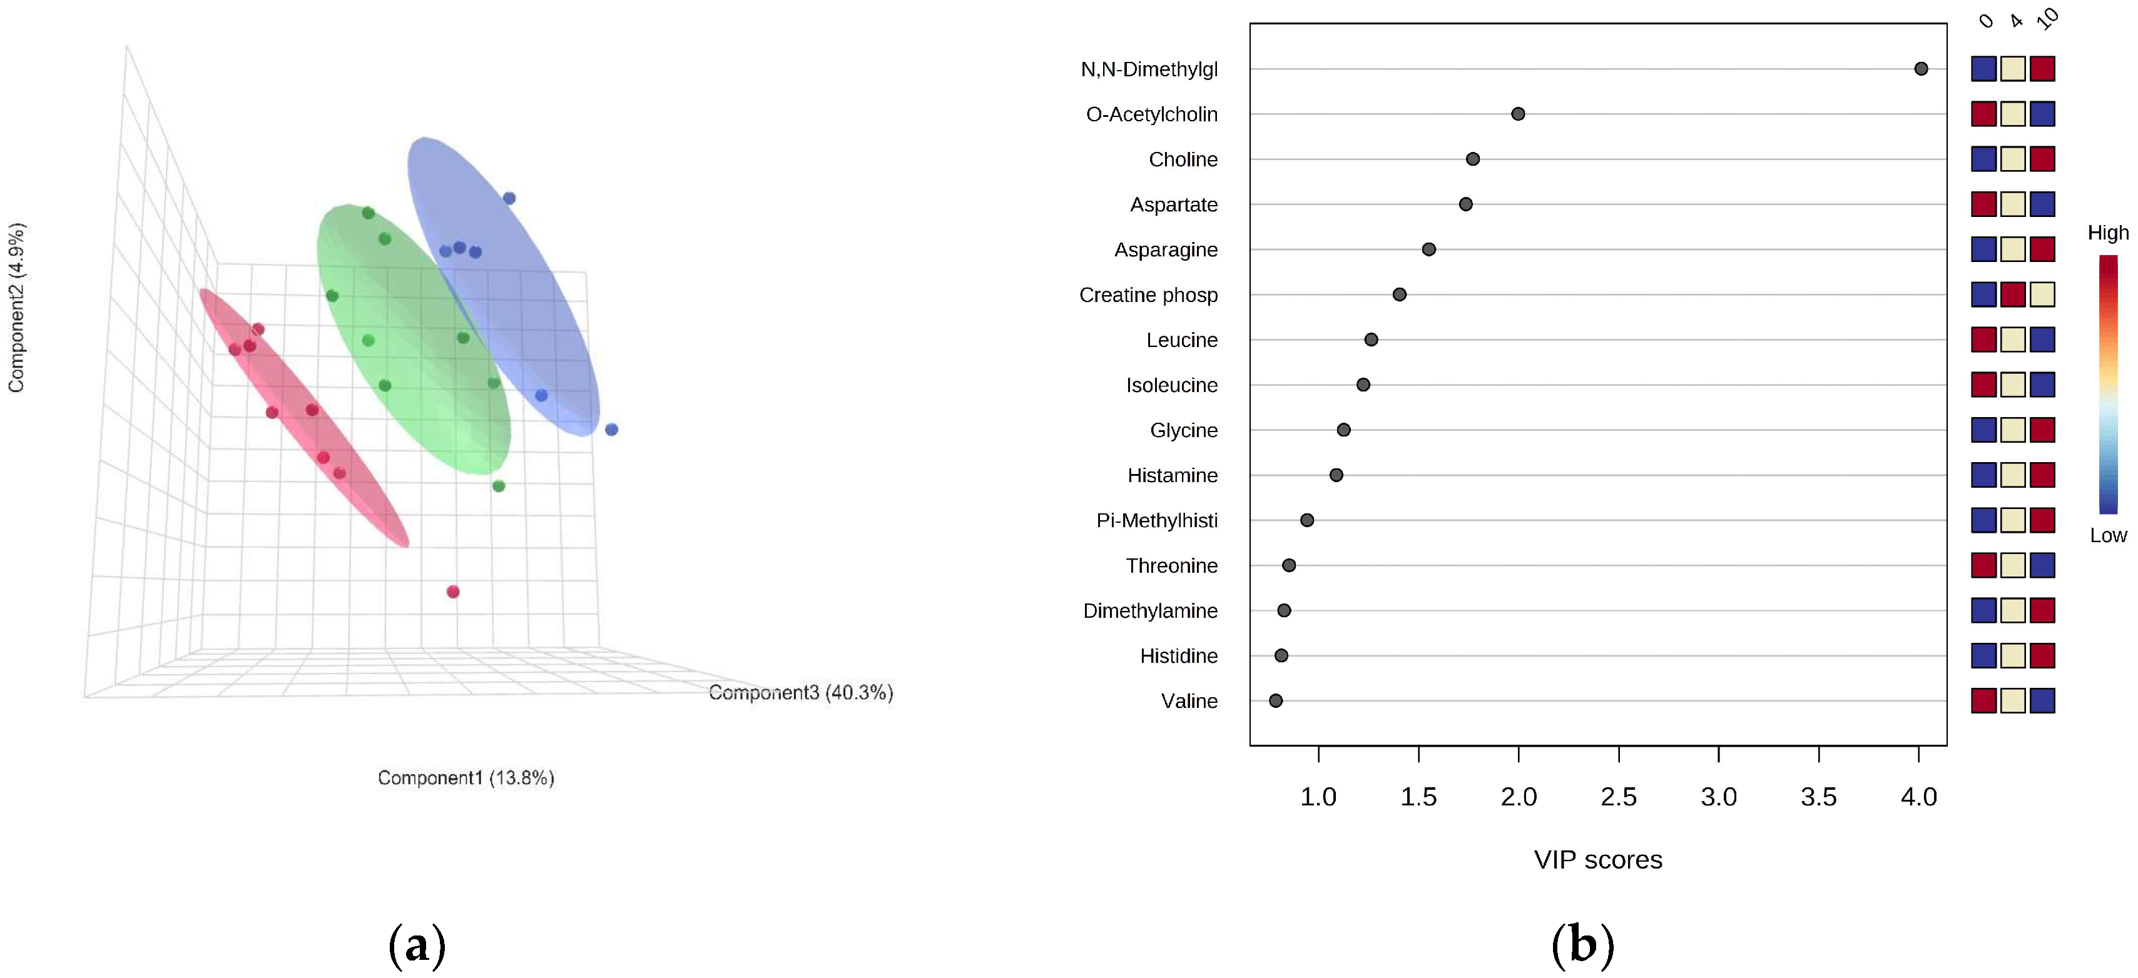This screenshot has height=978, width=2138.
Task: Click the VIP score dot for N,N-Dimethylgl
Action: click(1920, 69)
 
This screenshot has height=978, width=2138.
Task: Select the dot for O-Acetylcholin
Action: click(1518, 114)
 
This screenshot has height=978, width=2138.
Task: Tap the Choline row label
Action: click(1183, 159)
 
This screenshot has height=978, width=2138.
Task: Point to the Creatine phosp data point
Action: click(1399, 295)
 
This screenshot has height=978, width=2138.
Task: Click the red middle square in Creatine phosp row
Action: click(2013, 295)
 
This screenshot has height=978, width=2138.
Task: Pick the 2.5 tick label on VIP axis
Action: click(1619, 797)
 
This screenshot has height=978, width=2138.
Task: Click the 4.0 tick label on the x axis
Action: click(1918, 797)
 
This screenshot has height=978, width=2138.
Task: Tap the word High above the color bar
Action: click(2108, 233)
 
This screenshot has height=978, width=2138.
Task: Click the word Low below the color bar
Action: click(2108, 536)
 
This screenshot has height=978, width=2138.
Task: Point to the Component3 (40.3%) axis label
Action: click(801, 693)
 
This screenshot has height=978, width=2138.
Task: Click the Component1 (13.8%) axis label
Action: click(466, 778)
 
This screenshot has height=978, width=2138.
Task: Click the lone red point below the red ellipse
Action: click(453, 592)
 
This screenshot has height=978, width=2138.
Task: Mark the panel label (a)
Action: click(417, 945)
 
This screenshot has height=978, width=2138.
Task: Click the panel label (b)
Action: click(1582, 945)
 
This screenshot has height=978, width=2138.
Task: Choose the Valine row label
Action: click(1189, 701)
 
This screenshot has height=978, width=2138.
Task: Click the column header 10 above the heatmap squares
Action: click(2047, 18)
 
